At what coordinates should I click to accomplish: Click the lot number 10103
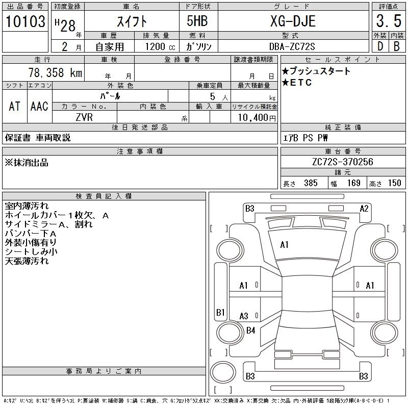point(25,21)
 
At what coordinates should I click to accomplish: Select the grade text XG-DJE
point(293,21)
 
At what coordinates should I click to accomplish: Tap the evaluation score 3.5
point(389,21)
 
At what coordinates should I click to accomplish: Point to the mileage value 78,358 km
point(55,72)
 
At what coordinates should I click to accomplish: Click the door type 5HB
point(197,21)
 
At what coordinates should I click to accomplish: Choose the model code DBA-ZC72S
point(292,46)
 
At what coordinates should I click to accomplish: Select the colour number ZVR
point(84,117)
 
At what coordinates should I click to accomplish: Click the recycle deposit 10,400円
point(257,118)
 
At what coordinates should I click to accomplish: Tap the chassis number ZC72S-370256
point(343,162)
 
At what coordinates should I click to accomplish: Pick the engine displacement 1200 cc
point(160,46)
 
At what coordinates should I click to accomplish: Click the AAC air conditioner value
point(39,106)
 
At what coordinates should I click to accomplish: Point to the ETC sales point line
point(297,83)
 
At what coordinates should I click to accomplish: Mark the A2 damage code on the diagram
point(364,209)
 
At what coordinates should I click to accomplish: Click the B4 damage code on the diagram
point(250,330)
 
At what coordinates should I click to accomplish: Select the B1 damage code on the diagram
point(220,312)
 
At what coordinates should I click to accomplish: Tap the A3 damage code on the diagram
point(244,316)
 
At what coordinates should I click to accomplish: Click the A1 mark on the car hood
point(284,245)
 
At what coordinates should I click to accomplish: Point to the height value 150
point(394,183)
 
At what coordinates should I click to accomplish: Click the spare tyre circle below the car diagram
point(223,372)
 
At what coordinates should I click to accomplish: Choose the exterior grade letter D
point(380,46)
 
